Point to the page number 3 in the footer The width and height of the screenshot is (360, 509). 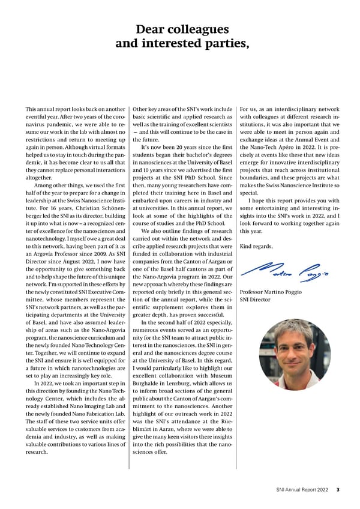(x=338, y=490)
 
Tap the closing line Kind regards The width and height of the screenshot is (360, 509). (x=256, y=247)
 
